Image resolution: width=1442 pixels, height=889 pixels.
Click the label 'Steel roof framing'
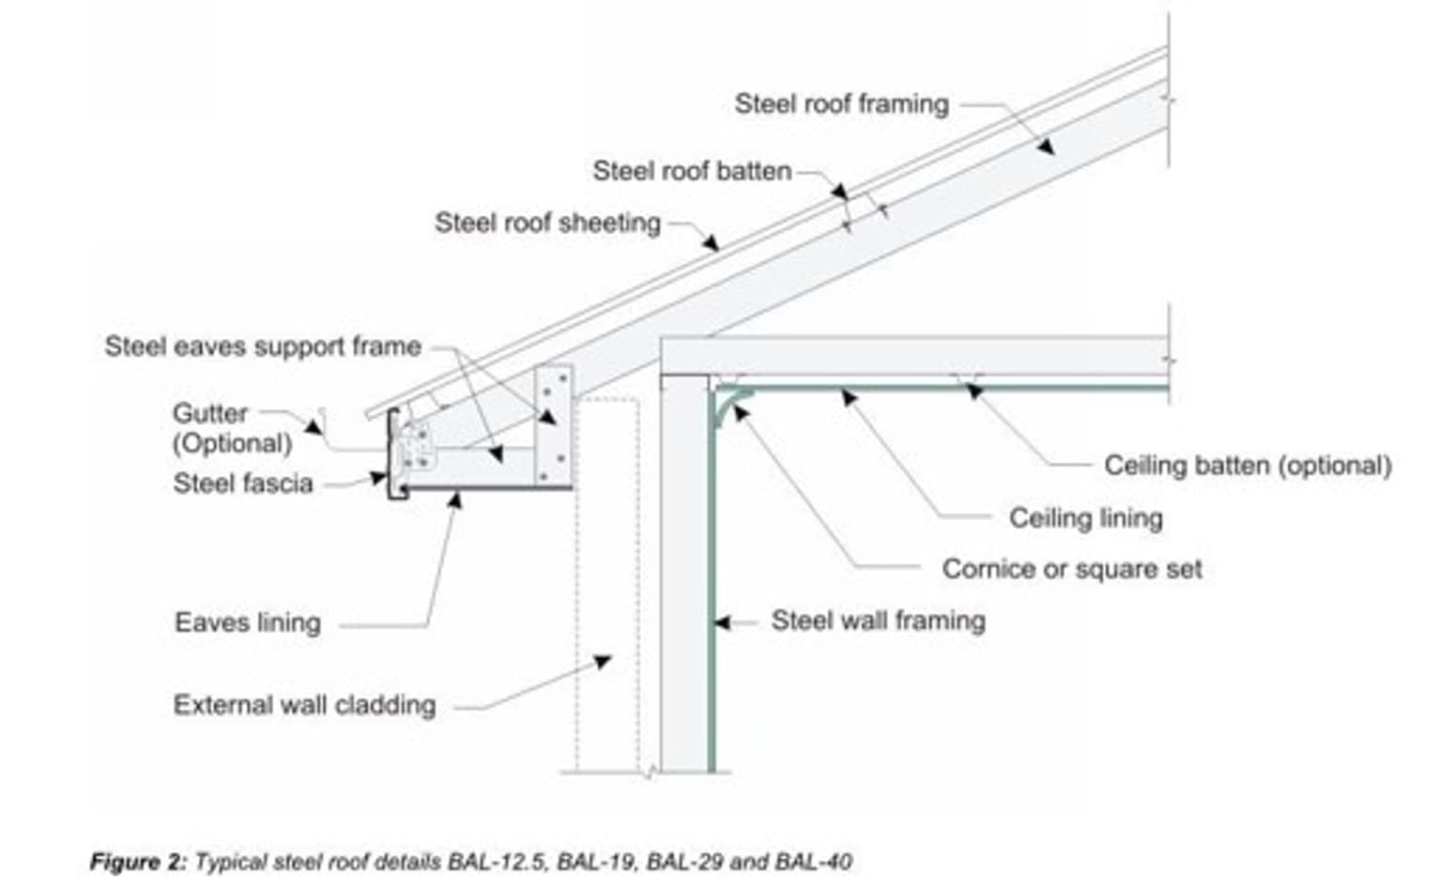click(x=841, y=103)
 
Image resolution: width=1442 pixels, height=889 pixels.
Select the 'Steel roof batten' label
click(x=692, y=171)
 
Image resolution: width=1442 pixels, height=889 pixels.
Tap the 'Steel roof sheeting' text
click(x=547, y=222)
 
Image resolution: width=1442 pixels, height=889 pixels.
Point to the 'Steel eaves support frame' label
click(x=263, y=346)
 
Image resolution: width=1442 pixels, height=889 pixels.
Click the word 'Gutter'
click(x=210, y=413)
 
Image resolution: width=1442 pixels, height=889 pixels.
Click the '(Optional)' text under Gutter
click(x=232, y=443)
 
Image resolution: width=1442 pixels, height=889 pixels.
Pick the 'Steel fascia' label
click(x=243, y=483)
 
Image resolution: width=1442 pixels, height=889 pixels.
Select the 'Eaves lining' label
click(x=248, y=622)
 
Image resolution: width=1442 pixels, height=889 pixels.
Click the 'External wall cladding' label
click(x=304, y=705)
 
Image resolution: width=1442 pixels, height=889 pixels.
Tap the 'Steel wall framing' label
click(x=878, y=621)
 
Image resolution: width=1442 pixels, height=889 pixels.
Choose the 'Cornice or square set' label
click(x=1071, y=569)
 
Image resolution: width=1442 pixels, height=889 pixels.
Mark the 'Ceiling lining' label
click(x=1085, y=518)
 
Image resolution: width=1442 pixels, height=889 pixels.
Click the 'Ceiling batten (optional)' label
click(x=1247, y=466)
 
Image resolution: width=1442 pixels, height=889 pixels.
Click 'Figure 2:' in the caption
click(x=138, y=862)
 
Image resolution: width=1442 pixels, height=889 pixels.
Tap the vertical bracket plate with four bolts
click(x=553, y=424)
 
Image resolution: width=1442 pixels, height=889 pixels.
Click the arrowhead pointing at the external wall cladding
click(x=604, y=662)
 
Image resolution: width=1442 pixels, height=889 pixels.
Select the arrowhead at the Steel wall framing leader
click(x=721, y=621)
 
